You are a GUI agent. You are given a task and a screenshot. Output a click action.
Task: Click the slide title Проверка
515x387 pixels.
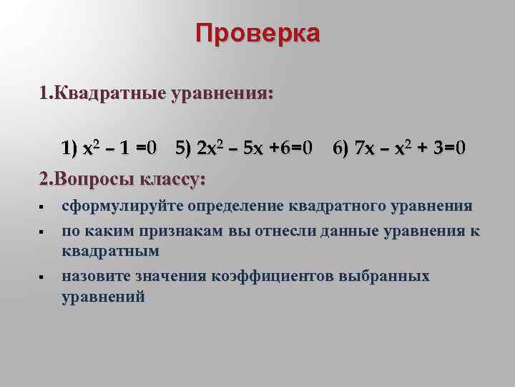click(x=257, y=34)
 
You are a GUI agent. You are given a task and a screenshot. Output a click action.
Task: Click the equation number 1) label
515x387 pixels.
click(x=70, y=149)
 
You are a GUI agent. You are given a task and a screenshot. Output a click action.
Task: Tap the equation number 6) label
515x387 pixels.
click(x=340, y=149)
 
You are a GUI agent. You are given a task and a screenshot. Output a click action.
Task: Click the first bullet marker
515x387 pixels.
click(x=42, y=208)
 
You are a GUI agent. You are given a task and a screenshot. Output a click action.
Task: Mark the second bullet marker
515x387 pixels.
click(x=42, y=232)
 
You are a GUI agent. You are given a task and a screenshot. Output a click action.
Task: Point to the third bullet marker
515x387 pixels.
click(x=42, y=277)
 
